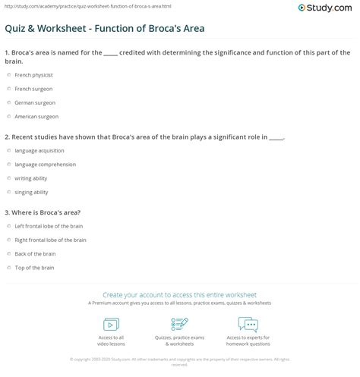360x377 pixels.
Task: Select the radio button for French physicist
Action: coord(8,76)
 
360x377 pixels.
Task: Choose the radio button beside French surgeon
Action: coord(8,89)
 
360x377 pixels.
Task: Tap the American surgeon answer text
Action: coord(36,116)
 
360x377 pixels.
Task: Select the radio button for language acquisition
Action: coord(8,151)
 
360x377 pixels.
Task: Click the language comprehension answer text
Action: coord(45,164)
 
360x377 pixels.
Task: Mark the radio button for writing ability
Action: coord(8,178)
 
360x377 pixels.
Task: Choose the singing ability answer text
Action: coord(32,191)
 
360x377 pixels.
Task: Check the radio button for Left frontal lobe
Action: coord(8,226)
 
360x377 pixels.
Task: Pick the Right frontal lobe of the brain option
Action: coord(50,240)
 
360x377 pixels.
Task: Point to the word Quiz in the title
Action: coord(16,29)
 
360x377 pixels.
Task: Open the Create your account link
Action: coord(179,294)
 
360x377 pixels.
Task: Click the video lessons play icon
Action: coord(111,324)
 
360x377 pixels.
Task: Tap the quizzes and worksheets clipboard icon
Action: coord(179,324)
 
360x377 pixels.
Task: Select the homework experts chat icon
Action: coord(248,324)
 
